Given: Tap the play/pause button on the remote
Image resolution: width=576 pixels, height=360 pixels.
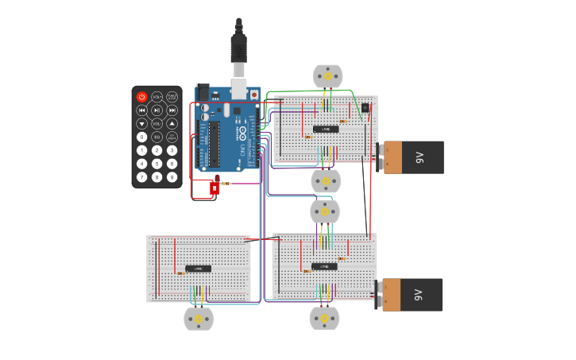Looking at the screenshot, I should coord(157,110).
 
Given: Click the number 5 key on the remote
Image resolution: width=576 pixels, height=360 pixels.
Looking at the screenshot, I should coord(157,164).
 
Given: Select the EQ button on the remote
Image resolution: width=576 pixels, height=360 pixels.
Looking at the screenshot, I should coord(157,137).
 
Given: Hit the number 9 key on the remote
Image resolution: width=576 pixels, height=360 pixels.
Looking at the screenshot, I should coord(172,177).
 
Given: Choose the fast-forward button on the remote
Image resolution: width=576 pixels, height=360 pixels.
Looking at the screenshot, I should coord(172,110).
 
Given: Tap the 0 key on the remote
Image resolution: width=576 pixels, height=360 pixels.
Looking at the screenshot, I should coord(141,137).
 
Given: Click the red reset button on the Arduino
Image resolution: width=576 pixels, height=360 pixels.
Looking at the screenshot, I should coord(254,94).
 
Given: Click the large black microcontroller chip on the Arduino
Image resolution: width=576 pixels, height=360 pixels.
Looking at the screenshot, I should coord(215,145).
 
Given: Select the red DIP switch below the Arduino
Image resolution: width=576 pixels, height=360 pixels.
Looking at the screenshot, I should coord(214,188).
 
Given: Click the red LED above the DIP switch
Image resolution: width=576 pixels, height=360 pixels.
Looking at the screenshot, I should coord(217,179).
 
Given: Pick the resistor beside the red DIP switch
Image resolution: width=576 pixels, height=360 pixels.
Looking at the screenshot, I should coord(226,184).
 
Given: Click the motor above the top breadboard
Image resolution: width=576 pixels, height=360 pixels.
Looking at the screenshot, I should coord(327,76).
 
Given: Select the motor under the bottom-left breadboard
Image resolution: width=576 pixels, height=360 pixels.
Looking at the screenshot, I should coord(199,319).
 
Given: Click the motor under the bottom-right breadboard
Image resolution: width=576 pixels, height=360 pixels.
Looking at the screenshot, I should coord(324,318).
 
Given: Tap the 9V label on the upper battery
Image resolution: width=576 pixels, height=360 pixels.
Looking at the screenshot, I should coord(419,157).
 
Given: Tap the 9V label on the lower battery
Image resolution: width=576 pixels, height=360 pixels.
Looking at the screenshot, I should coord(419,295).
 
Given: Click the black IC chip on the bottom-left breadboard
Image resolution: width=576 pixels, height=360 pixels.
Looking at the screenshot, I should coord(198,269).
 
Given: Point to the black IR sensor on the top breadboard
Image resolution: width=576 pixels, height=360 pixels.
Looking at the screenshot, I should coord(365,108).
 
